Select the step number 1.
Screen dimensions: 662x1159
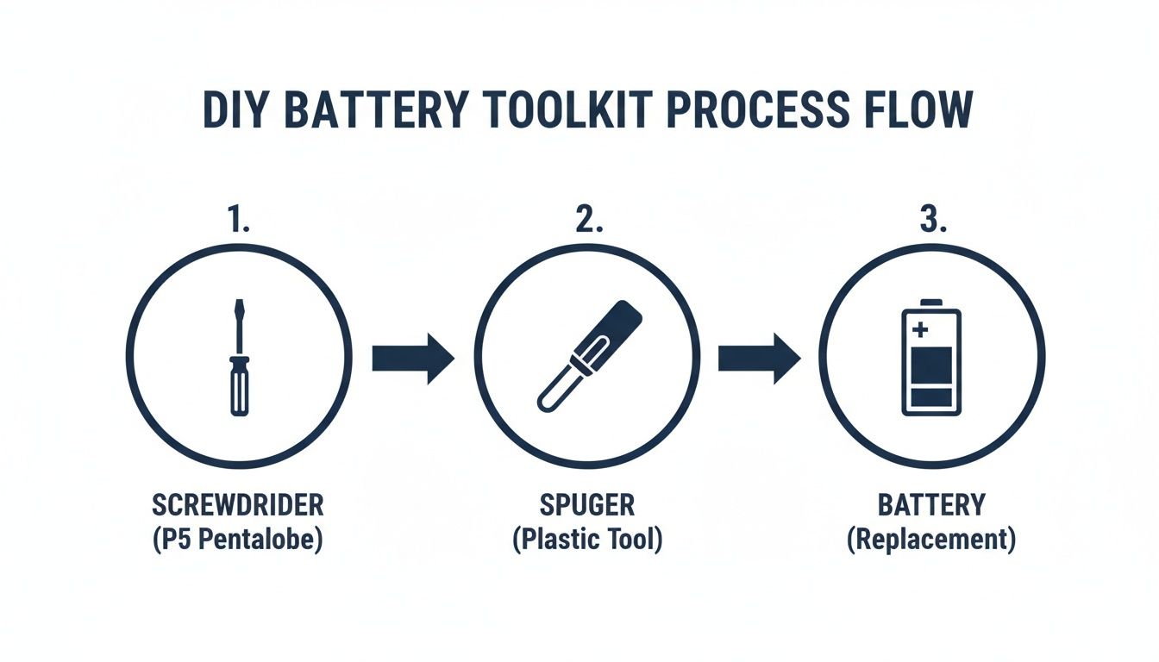[239, 221]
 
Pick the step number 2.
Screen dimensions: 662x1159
[586, 221]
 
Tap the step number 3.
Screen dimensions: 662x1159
[932, 221]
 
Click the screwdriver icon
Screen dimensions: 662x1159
[239, 358]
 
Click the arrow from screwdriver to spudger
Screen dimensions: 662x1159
[412, 357]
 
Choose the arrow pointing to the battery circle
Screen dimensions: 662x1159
[759, 357]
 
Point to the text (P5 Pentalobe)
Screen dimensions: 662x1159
[238, 541]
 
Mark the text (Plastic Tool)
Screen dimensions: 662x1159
[586, 541]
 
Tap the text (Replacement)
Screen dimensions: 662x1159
[931, 541]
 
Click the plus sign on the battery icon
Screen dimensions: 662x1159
[918, 328]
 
